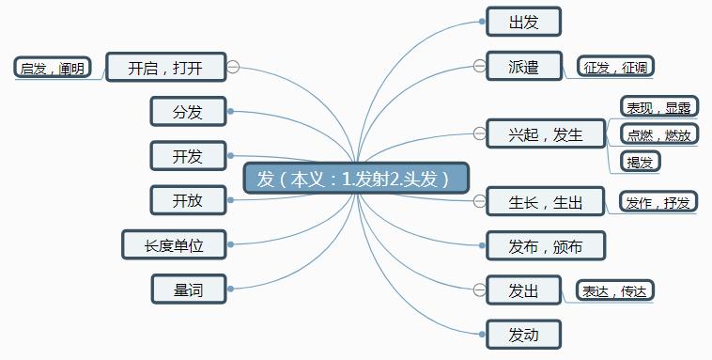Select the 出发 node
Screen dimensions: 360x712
point(523,22)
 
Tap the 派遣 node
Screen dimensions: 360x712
point(523,67)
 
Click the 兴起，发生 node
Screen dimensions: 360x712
point(546,134)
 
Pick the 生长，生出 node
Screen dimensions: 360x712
point(546,202)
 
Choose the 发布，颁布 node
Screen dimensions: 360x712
point(545,246)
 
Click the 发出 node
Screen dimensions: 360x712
point(523,290)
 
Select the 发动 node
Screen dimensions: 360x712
point(523,335)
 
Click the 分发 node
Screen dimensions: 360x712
point(188,112)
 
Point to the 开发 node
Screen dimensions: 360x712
point(188,156)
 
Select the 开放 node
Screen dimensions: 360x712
point(188,200)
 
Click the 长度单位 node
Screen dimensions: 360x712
point(175,245)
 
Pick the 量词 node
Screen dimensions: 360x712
point(188,290)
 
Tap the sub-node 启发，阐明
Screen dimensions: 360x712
point(53,68)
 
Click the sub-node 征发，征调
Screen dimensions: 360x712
point(615,67)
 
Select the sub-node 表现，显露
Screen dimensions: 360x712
point(658,106)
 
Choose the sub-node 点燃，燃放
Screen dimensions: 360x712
point(658,134)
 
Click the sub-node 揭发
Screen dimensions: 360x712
point(641,162)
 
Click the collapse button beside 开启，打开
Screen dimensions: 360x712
point(234,67)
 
